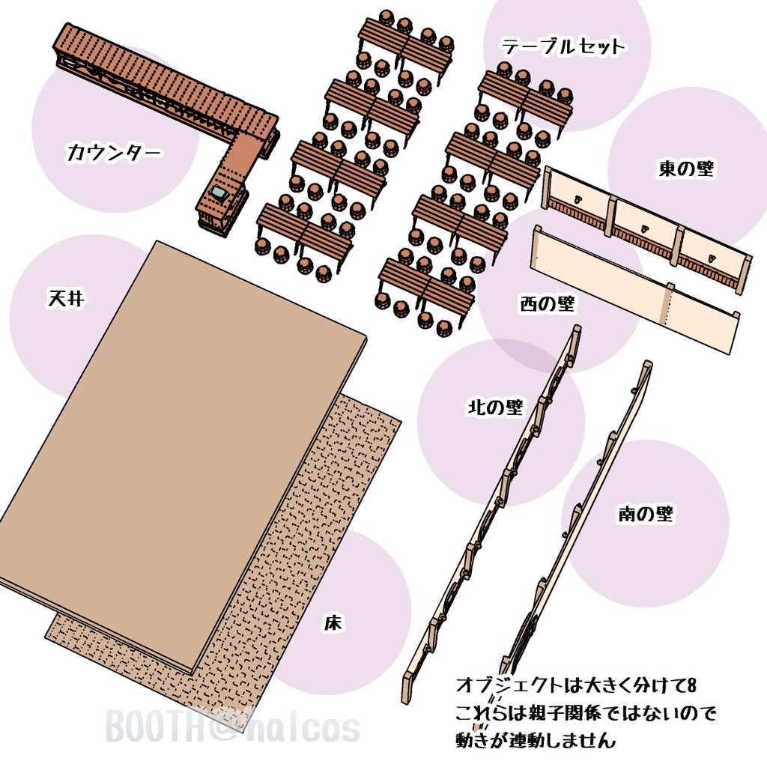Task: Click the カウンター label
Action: (114, 154)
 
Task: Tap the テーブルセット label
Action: (563, 47)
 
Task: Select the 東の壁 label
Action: (686, 169)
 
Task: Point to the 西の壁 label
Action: (547, 304)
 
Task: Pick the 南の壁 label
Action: (645, 514)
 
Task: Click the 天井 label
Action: (67, 299)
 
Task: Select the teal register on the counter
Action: (220, 193)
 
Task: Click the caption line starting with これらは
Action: (585, 712)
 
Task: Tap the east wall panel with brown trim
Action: (644, 225)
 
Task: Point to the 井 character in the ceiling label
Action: (76, 299)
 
